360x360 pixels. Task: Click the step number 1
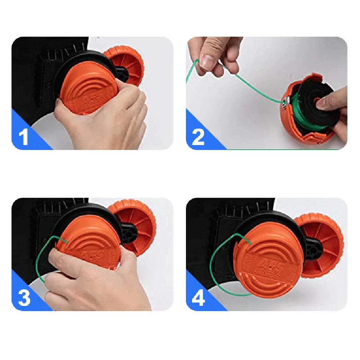pos(24,137)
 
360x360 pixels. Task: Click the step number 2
pos(198,137)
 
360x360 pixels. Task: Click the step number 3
pos(24,298)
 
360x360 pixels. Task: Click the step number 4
pos(198,298)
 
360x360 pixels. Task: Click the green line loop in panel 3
pos(41,259)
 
